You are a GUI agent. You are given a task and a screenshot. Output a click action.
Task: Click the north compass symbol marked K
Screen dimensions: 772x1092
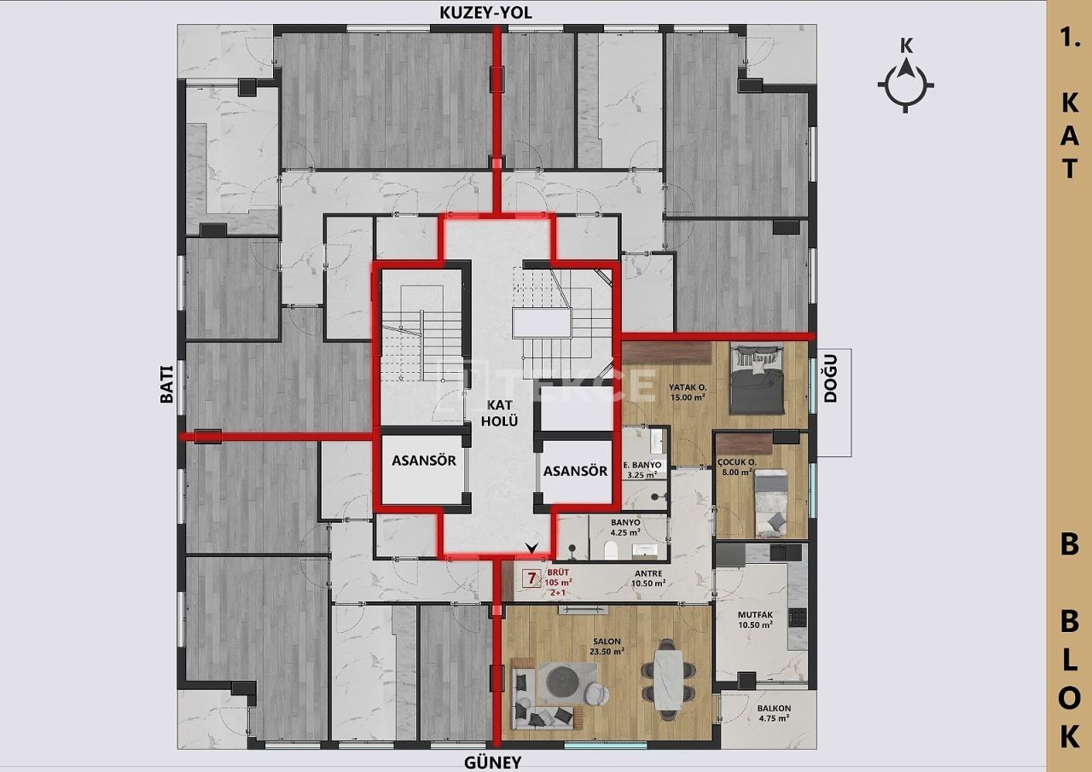pos(905,84)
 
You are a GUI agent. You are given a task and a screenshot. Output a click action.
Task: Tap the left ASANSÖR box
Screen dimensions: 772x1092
pos(424,470)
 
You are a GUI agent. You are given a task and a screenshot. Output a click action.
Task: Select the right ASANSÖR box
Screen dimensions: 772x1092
pos(575,470)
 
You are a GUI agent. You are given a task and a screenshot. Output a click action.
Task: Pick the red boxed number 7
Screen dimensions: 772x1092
pos(531,578)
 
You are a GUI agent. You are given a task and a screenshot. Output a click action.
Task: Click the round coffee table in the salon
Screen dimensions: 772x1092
pos(561,681)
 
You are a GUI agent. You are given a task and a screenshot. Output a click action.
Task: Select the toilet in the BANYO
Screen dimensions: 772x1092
pos(611,551)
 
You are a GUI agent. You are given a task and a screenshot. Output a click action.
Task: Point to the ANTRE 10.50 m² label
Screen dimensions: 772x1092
pos(648,578)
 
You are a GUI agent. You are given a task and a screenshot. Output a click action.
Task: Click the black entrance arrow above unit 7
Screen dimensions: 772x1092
pos(533,548)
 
